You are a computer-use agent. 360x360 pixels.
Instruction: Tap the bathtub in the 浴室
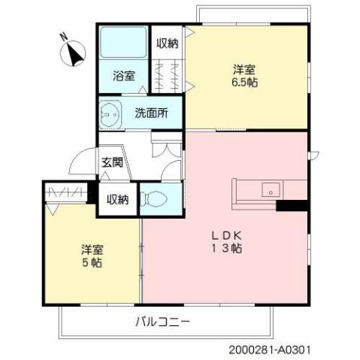124,44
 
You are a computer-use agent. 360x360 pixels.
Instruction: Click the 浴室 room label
124,76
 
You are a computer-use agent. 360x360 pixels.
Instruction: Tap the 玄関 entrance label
113,162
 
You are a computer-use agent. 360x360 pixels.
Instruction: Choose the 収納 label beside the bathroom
168,43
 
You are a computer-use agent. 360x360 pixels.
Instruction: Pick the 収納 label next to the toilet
117,199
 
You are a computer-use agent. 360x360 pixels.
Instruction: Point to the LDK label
225,234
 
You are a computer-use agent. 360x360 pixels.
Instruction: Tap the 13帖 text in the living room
225,249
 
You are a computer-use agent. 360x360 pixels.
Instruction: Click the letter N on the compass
65,37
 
